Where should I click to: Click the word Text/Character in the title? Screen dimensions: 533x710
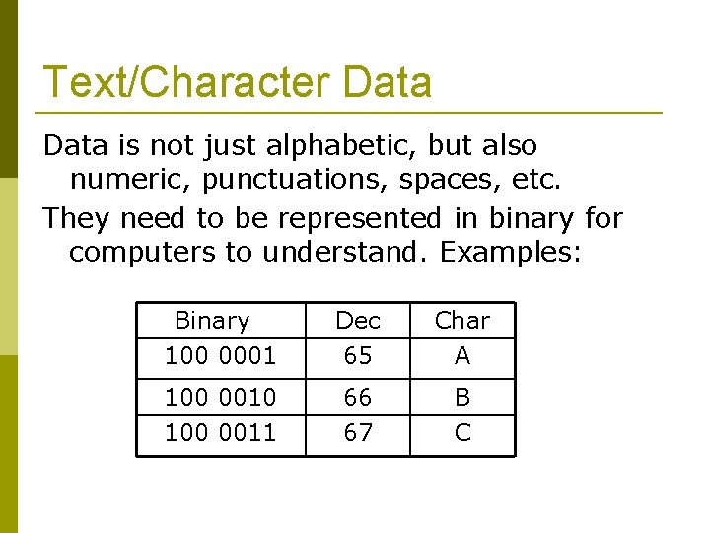pyautogui.click(x=187, y=82)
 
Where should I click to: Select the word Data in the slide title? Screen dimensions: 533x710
pyautogui.click(x=388, y=82)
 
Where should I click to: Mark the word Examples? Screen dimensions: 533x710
pyautogui.click(x=512, y=252)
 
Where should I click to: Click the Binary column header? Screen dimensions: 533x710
pyautogui.click(x=212, y=321)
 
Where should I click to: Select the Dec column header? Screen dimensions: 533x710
pyautogui.click(x=358, y=321)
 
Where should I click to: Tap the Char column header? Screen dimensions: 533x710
pyautogui.click(x=461, y=321)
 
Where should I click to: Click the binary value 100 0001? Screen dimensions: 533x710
pyautogui.click(x=220, y=355)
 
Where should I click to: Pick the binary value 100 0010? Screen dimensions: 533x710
pyautogui.click(x=220, y=397)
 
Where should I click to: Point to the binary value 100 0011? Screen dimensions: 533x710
pyautogui.click(x=220, y=432)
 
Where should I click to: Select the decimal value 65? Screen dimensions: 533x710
pyautogui.click(x=358, y=355)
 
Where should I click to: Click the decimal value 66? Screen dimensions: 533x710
pyautogui.click(x=358, y=397)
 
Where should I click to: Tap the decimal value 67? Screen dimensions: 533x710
pyautogui.click(x=358, y=432)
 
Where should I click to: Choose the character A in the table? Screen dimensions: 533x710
pyautogui.click(x=462, y=355)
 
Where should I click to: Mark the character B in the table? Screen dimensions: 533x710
pyautogui.click(x=462, y=397)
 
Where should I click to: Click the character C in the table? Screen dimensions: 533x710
pyautogui.click(x=462, y=432)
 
